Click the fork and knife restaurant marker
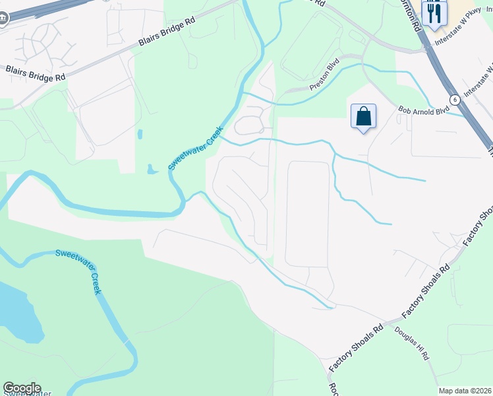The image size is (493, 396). pyautogui.click(x=434, y=13)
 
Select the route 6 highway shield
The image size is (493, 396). pyautogui.click(x=455, y=99)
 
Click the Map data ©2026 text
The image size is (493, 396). pyautogui.click(x=465, y=391)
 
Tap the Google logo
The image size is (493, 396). pyautogui.click(x=22, y=388)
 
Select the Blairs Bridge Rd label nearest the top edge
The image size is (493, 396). pyautogui.click(x=167, y=32)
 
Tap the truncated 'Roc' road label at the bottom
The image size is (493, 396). pyautogui.click(x=332, y=387)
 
